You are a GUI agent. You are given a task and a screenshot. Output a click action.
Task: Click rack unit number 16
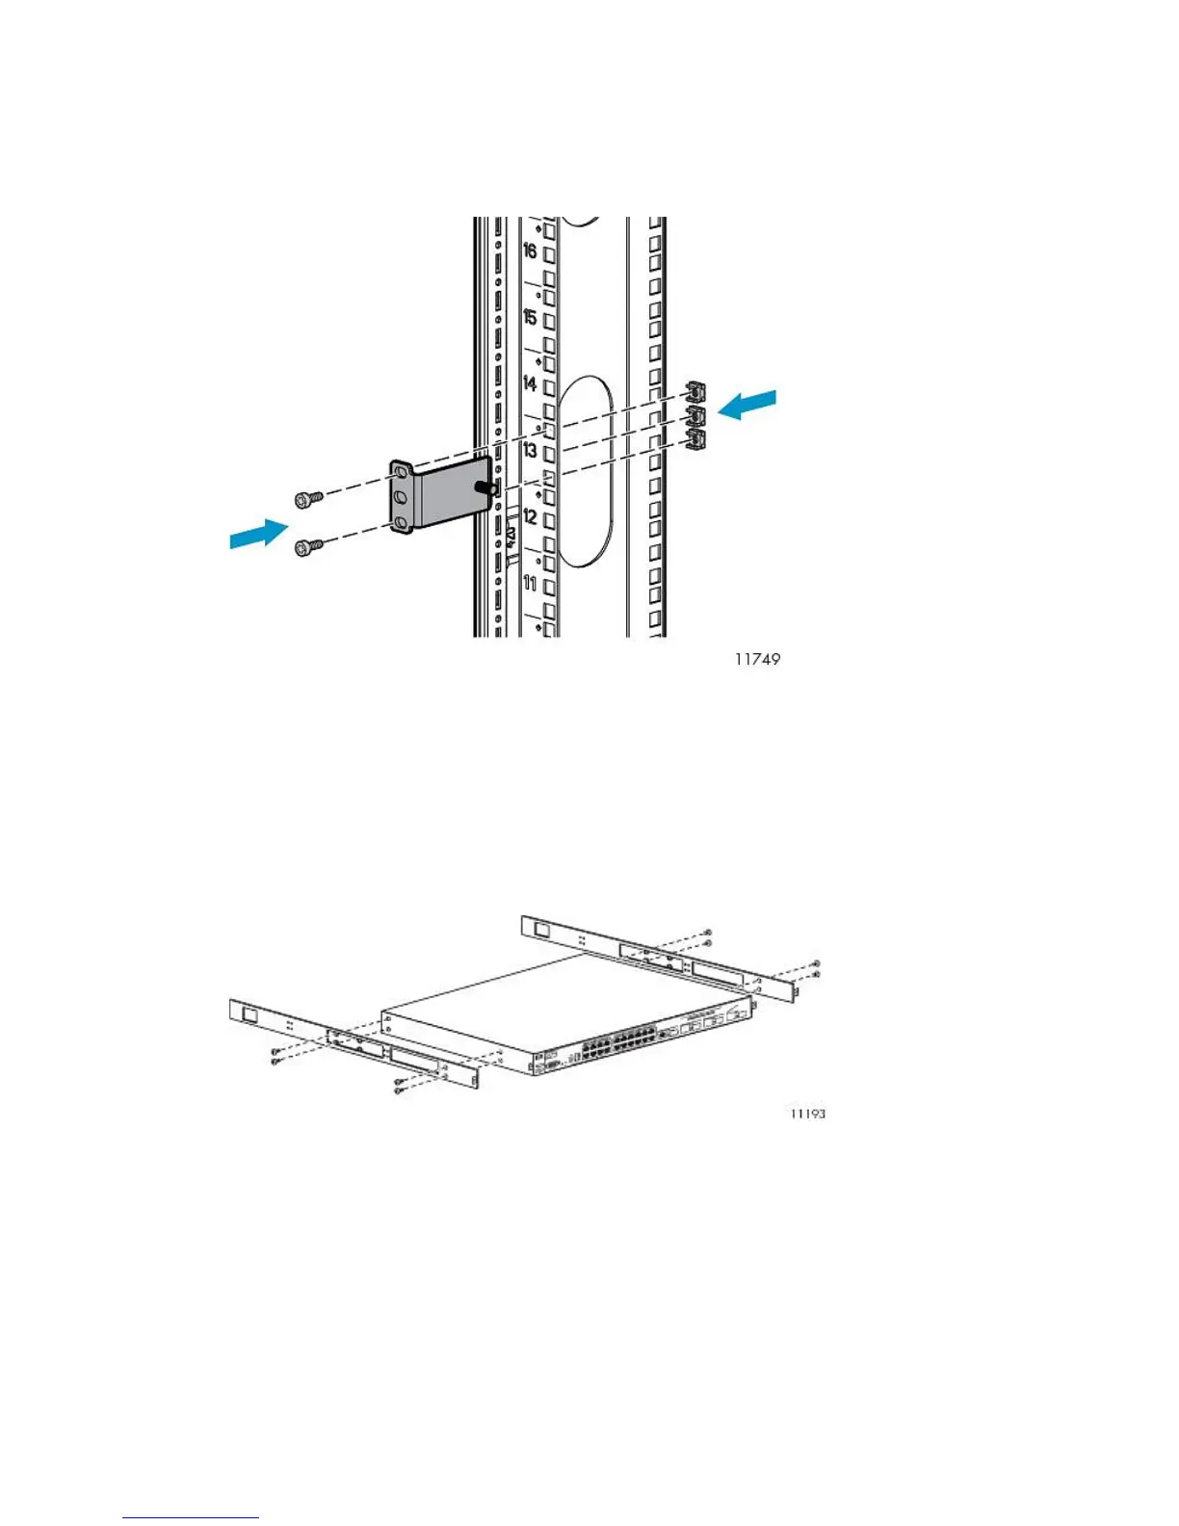530,251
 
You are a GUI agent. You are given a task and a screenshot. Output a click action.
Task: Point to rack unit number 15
530,318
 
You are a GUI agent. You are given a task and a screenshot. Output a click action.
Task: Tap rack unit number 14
530,383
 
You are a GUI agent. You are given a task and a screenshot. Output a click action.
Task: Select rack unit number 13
530,450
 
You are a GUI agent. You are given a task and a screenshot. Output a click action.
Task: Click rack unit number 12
530,516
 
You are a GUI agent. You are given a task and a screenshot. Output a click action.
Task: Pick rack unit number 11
530,583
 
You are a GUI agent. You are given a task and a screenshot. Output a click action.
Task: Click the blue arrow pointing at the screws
259,533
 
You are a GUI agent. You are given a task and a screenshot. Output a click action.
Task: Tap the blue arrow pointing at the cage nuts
747,405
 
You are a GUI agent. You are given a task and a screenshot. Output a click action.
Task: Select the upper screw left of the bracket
308,498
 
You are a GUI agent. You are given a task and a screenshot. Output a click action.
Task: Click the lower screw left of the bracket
308,548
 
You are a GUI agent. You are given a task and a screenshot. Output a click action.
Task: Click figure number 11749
757,660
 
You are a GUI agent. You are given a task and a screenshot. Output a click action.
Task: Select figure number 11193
807,1114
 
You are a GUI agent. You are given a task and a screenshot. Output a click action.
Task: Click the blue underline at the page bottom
191,1518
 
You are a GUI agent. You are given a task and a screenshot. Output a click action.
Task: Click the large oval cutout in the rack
584,471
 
